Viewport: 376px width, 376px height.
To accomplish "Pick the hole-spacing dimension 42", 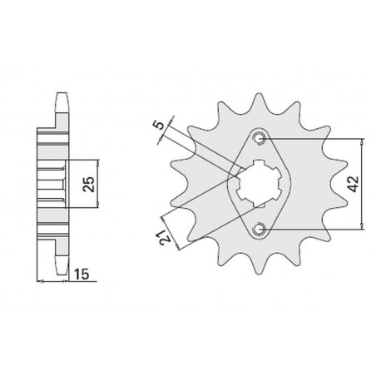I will [354, 182].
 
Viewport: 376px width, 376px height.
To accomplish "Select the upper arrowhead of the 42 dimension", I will [362, 142].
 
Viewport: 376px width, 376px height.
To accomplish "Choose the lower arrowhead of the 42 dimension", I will [362, 225].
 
